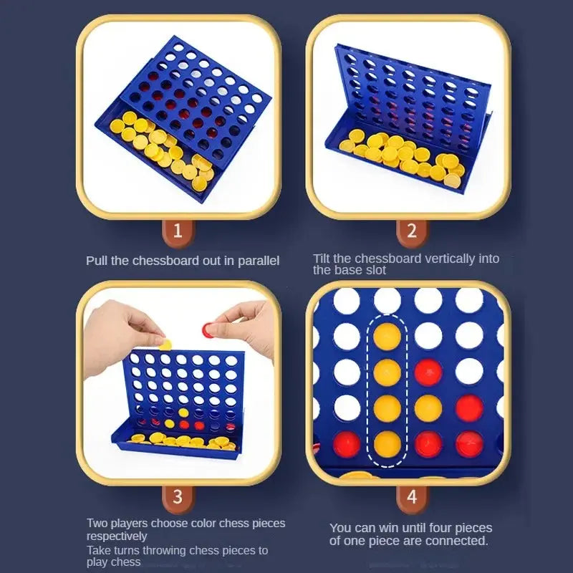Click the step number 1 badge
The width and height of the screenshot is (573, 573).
178,231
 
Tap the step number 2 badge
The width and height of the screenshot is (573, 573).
411,231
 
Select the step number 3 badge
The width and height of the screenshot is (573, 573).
178,496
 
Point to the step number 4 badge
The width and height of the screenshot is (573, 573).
411,496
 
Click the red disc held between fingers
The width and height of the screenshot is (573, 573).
210,329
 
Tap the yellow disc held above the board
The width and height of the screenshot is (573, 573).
165,345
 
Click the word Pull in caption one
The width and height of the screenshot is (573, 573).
97,261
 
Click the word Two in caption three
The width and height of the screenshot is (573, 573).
97,524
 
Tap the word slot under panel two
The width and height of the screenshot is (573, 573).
373,270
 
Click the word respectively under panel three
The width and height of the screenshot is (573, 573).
117,536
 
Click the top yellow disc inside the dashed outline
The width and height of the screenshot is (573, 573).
387,336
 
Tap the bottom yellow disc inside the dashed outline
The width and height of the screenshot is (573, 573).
387,443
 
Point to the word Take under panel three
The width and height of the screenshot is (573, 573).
100,550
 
